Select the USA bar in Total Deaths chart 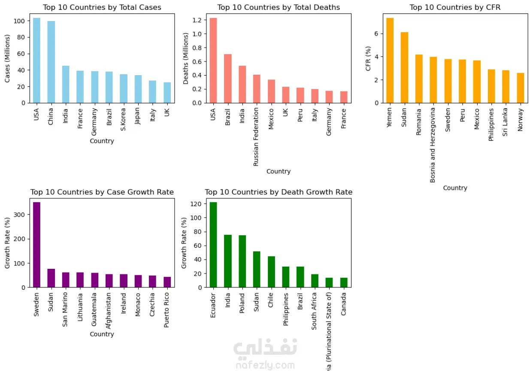point(213,61)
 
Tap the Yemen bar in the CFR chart point(390,61)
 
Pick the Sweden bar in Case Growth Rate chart point(36,245)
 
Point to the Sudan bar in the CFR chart point(404,68)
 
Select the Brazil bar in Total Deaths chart point(228,79)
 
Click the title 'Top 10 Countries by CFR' point(455,7)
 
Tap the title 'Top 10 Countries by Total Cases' point(102,7)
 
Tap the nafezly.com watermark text point(265,365)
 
